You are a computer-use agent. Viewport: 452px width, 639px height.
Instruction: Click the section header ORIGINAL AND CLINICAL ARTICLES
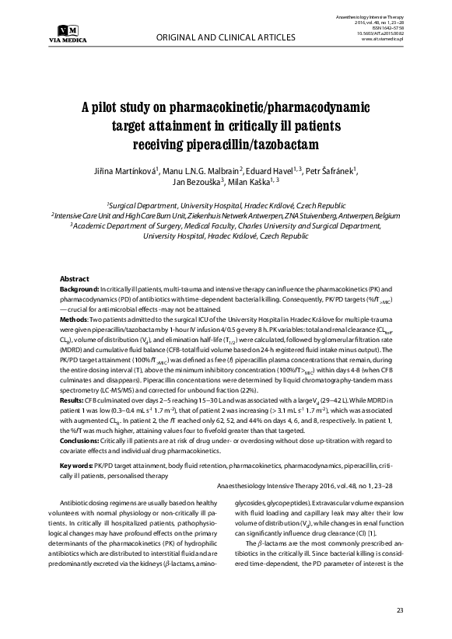click(227, 37)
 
